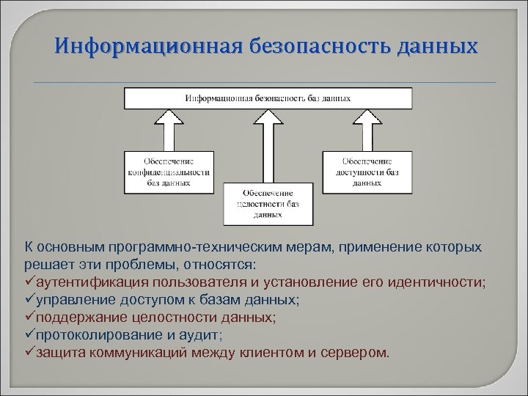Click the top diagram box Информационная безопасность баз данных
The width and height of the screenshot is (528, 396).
pyautogui.click(x=268, y=97)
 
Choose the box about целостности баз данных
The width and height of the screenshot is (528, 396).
pyautogui.click(x=268, y=202)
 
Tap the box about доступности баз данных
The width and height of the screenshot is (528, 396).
pyautogui.click(x=366, y=172)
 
